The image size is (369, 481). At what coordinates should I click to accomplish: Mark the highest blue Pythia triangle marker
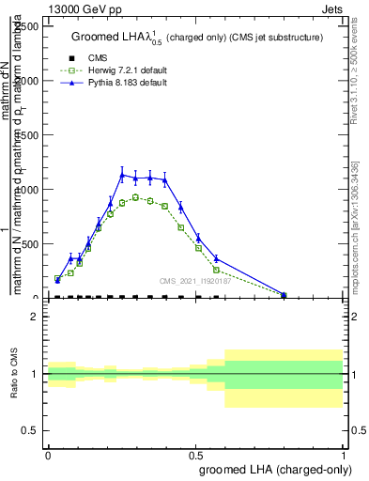pyautogui.click(x=122, y=174)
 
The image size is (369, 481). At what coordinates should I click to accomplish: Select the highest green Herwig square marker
pyautogui.click(x=135, y=197)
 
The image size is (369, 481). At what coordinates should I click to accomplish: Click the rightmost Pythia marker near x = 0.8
pyautogui.click(x=284, y=294)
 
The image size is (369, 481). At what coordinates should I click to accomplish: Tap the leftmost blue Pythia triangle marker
pyautogui.click(x=57, y=279)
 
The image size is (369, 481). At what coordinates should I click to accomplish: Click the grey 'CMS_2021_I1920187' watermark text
pyautogui.click(x=193, y=280)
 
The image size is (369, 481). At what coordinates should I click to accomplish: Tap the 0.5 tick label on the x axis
pyautogui.click(x=195, y=454)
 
